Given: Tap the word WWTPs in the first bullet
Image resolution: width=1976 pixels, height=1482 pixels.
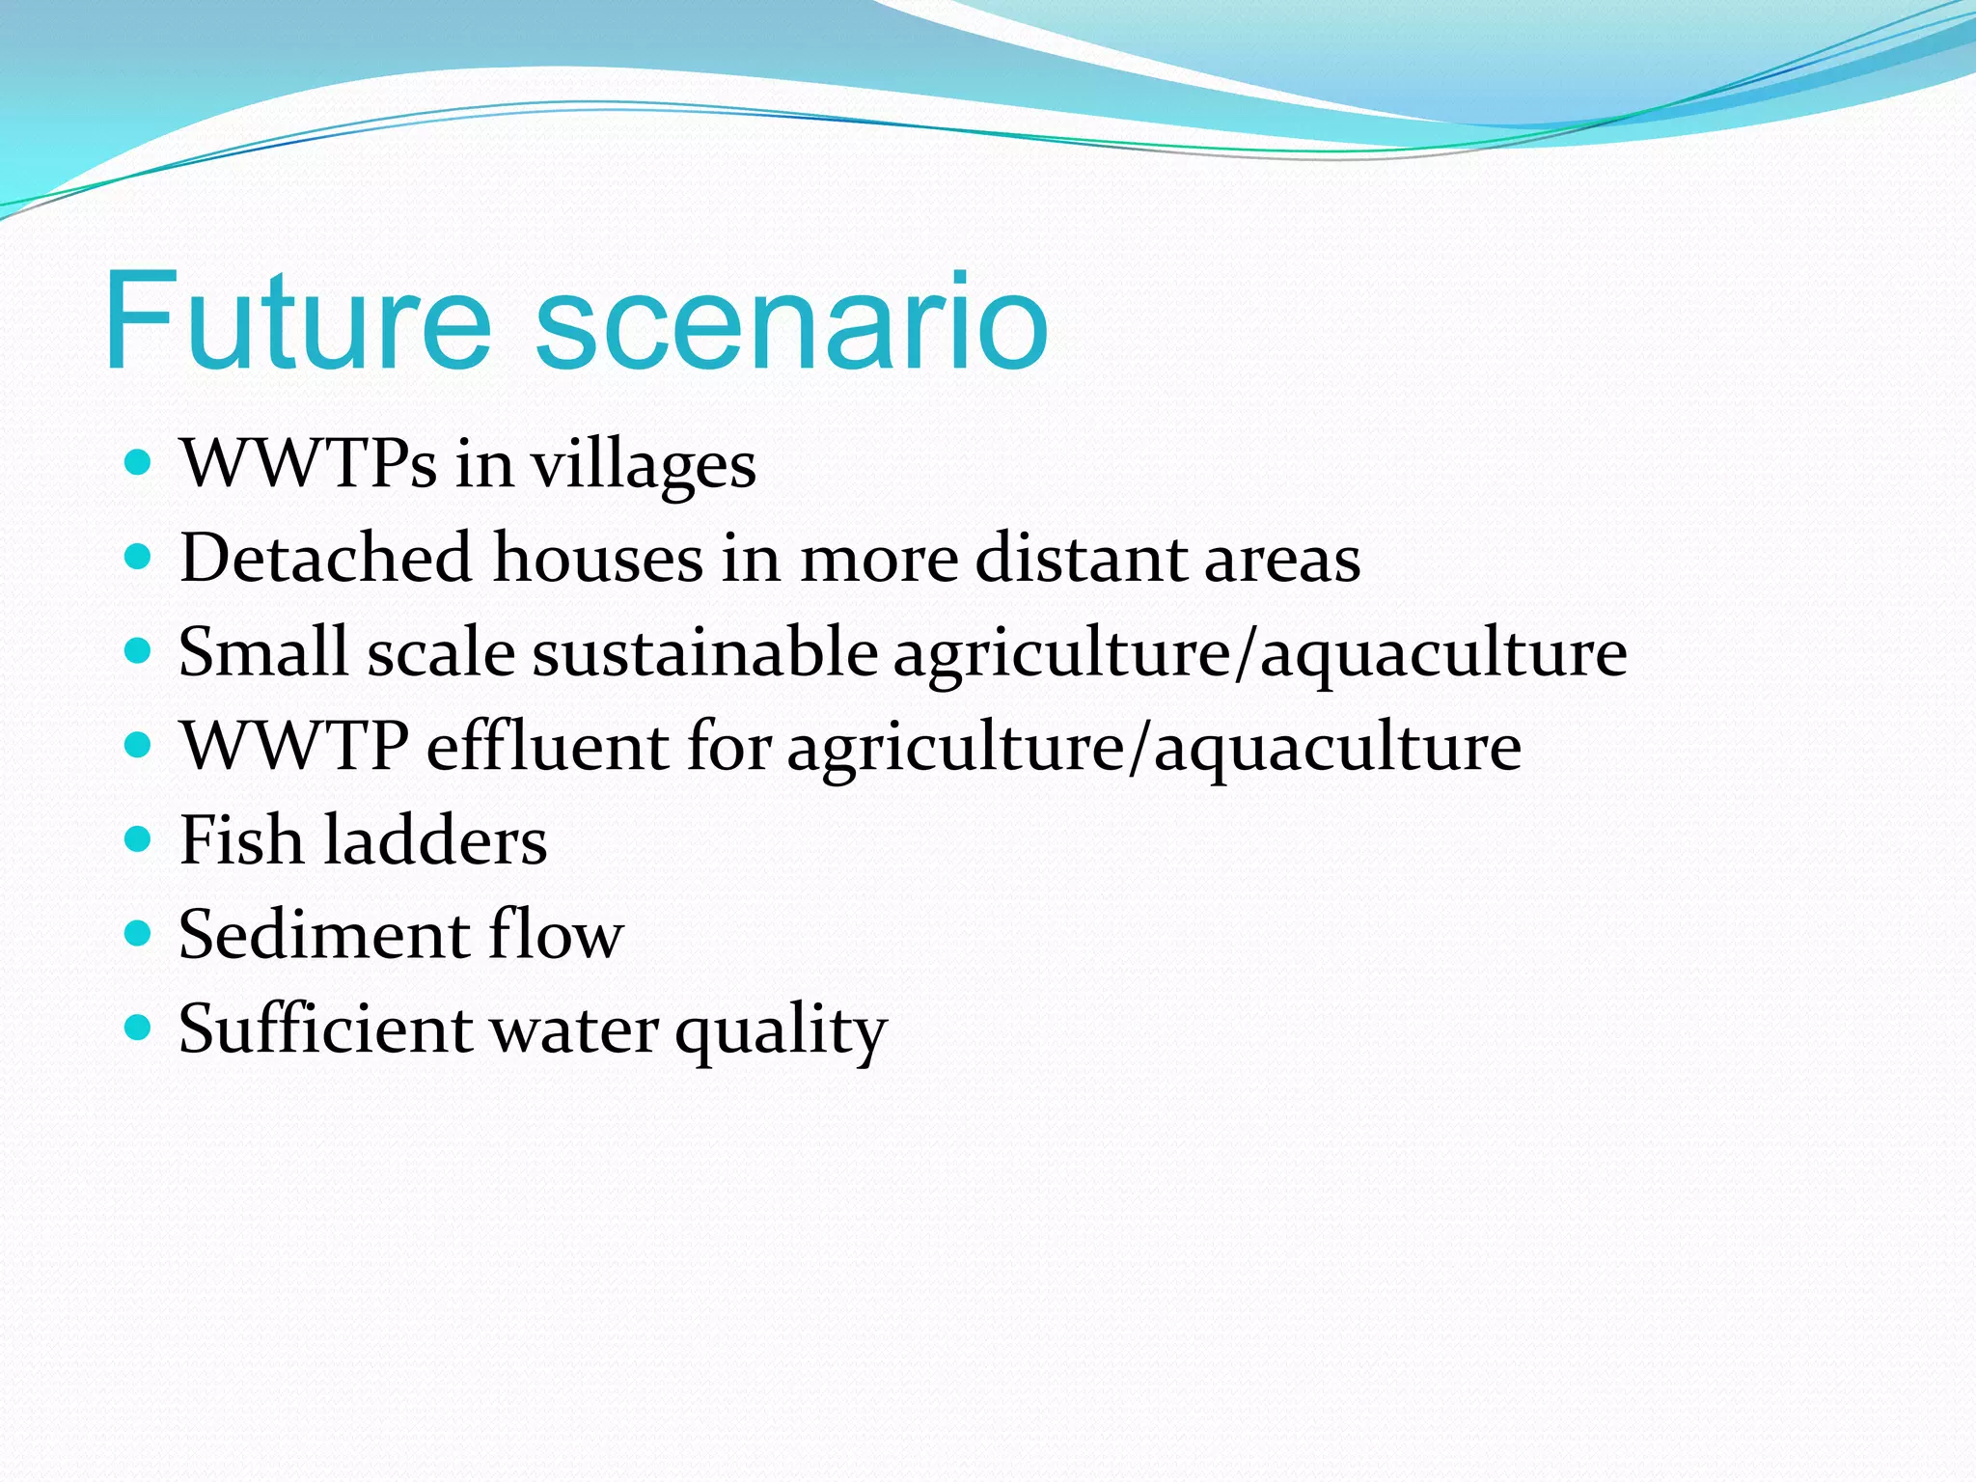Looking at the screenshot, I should click(308, 464).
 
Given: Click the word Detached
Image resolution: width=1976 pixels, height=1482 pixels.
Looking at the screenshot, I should click(325, 558).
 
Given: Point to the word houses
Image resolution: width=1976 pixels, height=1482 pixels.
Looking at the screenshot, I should click(597, 558).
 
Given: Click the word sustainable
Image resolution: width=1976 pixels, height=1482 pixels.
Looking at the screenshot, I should click(704, 652).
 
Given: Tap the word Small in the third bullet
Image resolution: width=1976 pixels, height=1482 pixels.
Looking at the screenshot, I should click(262, 652).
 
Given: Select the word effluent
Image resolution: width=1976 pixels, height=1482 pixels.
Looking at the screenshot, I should click(547, 746).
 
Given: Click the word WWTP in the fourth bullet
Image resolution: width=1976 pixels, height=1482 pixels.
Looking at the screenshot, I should click(294, 746).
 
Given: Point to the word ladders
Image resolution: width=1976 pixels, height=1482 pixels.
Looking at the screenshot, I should click(435, 840).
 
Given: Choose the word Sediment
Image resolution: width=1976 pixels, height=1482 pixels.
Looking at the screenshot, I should click(323, 934).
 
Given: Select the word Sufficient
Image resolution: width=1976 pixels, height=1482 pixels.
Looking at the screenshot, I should click(325, 1029).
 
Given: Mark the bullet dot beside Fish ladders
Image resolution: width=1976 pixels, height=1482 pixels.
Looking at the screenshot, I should click(139, 839).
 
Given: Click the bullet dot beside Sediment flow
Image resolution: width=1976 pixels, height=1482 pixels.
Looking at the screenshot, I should click(139, 933).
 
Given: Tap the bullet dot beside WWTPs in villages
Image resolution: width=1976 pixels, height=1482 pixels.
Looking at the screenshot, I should click(139, 462).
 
